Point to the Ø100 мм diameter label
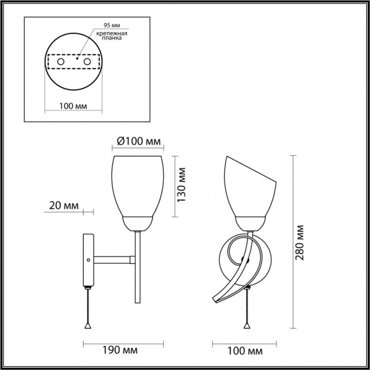(x=138, y=142)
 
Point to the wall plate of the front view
(x=88, y=261)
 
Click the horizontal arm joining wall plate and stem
(x=113, y=258)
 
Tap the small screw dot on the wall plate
(x=89, y=259)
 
